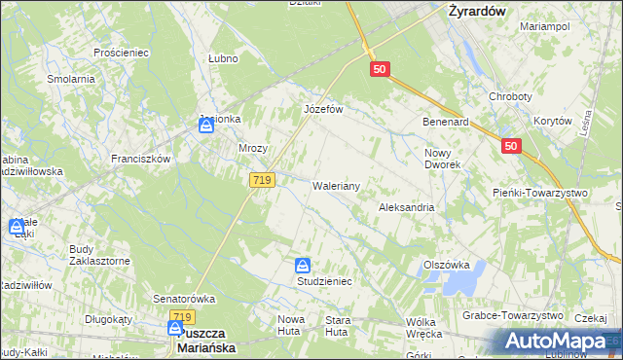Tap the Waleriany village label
click(337, 185)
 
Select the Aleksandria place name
click(406, 207)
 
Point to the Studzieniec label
click(324, 280)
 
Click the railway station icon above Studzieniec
click(304, 265)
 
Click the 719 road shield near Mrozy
click(263, 180)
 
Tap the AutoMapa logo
click(555, 341)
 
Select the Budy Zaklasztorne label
click(99, 255)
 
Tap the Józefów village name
click(324, 109)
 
